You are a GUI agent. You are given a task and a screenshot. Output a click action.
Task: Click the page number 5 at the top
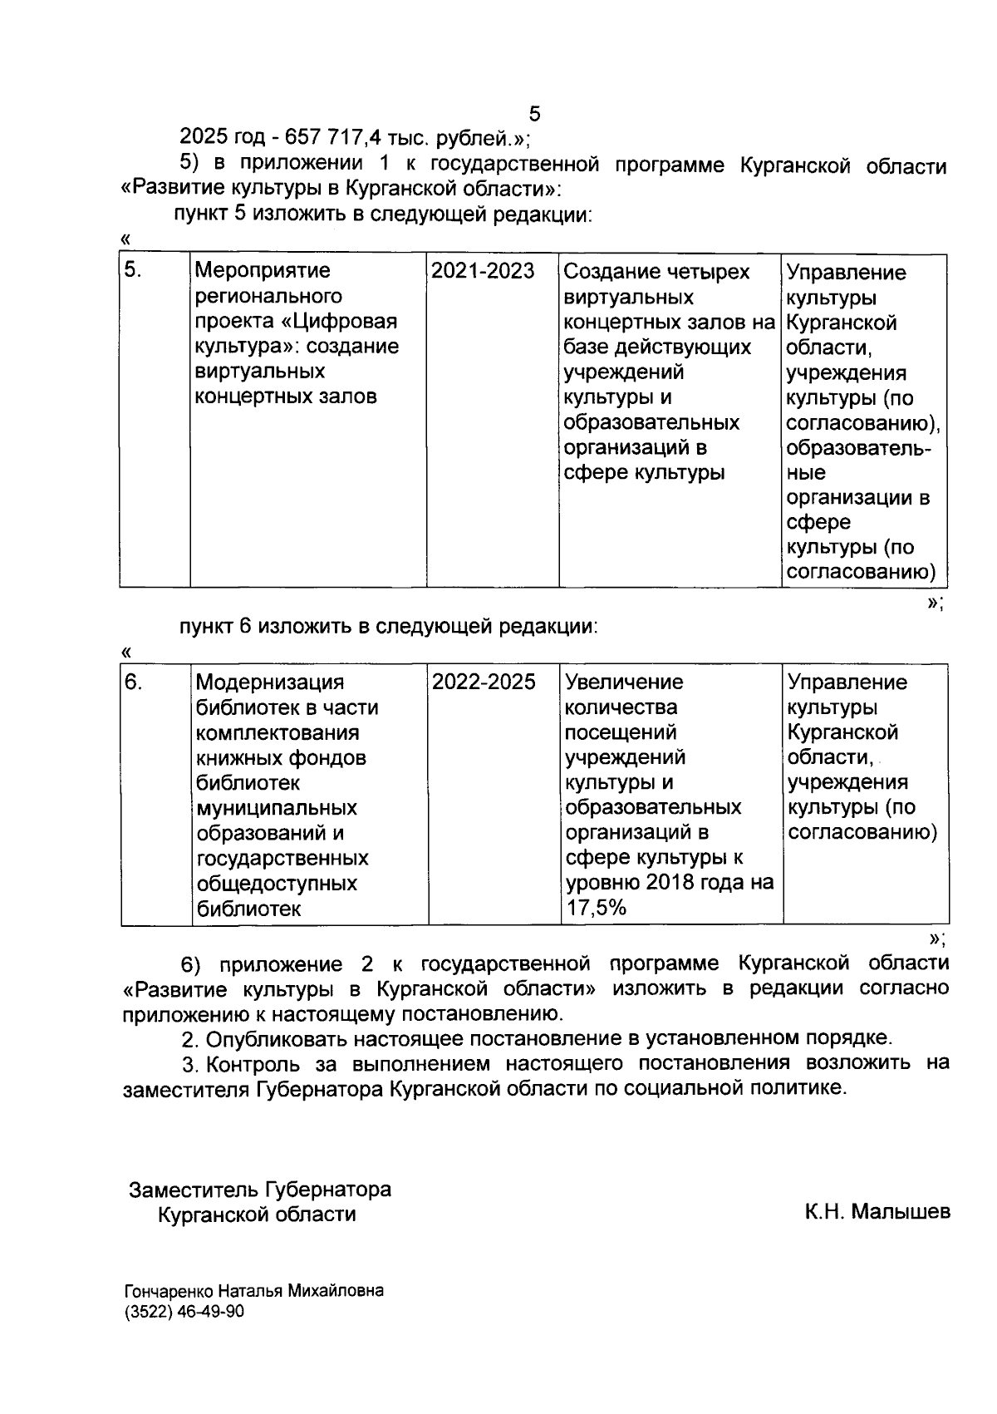(x=534, y=114)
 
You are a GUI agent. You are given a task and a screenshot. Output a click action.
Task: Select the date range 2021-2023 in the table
(x=483, y=271)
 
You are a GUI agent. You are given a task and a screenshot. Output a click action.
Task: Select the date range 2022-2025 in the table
(x=484, y=682)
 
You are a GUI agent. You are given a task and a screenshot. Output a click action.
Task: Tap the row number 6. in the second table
(x=134, y=682)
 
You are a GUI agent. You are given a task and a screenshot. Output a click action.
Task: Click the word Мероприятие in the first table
(x=262, y=271)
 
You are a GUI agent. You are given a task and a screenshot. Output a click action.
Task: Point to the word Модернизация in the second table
(x=269, y=682)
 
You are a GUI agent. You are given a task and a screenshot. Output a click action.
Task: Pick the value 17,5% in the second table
(x=596, y=908)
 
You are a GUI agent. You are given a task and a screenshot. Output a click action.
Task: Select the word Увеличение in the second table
(x=624, y=682)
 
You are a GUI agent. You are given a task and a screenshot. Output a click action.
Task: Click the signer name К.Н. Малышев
(x=877, y=1212)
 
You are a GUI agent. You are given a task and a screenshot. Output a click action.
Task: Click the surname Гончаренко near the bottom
(x=169, y=1291)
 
